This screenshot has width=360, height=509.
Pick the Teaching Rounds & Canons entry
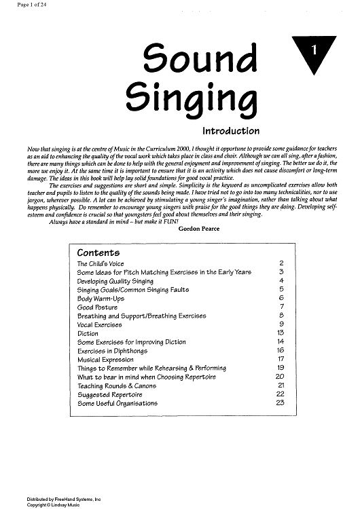(117, 386)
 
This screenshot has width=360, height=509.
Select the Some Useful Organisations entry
(118, 404)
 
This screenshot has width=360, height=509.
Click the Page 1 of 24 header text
(20, 5)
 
